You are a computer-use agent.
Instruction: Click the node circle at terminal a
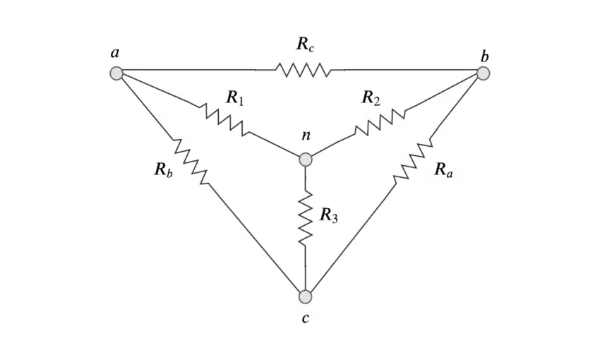[x=116, y=73]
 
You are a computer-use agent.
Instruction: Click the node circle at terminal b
[x=483, y=73]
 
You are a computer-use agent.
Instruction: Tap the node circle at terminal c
[x=305, y=296]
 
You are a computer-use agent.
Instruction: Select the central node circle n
[x=305, y=160]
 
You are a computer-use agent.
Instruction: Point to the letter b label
[x=484, y=54]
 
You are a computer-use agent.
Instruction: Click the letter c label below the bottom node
[x=305, y=319]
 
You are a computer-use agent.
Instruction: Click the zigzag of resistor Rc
[x=302, y=70]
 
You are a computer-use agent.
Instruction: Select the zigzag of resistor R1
[x=225, y=119]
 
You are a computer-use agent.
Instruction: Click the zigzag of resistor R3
[x=305, y=219]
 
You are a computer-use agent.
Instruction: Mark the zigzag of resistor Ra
[x=413, y=162]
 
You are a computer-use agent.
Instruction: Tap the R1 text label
[x=235, y=97]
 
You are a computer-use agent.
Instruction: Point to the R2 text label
[x=371, y=97]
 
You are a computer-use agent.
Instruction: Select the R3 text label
[x=328, y=215]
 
